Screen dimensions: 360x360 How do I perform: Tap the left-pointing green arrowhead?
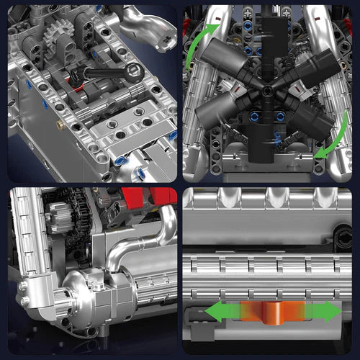(x=215, y=311)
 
